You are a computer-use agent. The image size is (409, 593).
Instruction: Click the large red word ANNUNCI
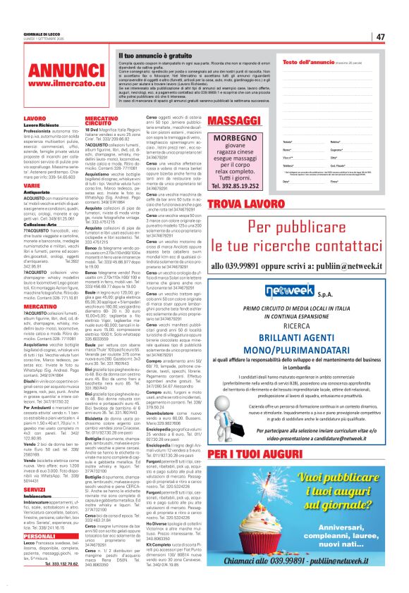point(57,73)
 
